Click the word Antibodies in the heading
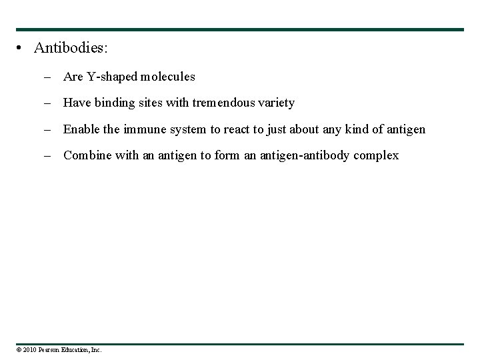(70, 48)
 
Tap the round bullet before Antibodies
(22, 48)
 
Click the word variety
(276, 103)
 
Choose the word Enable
(81, 129)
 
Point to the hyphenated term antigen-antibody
(308, 155)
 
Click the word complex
(377, 155)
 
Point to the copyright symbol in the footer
(19, 349)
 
